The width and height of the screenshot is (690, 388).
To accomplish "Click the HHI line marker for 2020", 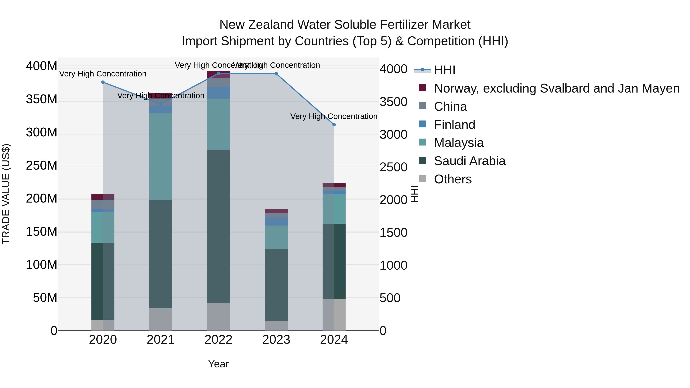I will point(103,82).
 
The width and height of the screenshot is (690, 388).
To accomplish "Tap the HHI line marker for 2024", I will point(334,125).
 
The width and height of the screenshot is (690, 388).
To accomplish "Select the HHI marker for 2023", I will point(276,74).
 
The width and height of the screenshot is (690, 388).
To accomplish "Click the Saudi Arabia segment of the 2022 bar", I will point(218,226).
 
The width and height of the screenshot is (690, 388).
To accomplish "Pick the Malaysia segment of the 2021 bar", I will point(161,157).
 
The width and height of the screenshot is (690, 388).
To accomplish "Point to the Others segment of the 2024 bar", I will point(334,315).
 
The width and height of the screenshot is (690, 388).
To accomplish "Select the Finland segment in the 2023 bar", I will point(276,221).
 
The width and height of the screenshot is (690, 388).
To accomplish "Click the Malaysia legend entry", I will point(459,143).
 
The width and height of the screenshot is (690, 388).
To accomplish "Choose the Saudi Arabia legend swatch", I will point(422,160).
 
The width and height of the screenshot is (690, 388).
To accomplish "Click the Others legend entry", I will point(453,179).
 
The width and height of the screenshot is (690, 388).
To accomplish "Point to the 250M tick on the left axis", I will point(42,166).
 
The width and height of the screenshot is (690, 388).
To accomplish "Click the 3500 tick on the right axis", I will point(393,102).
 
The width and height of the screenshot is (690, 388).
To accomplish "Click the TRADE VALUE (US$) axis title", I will point(6,194).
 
